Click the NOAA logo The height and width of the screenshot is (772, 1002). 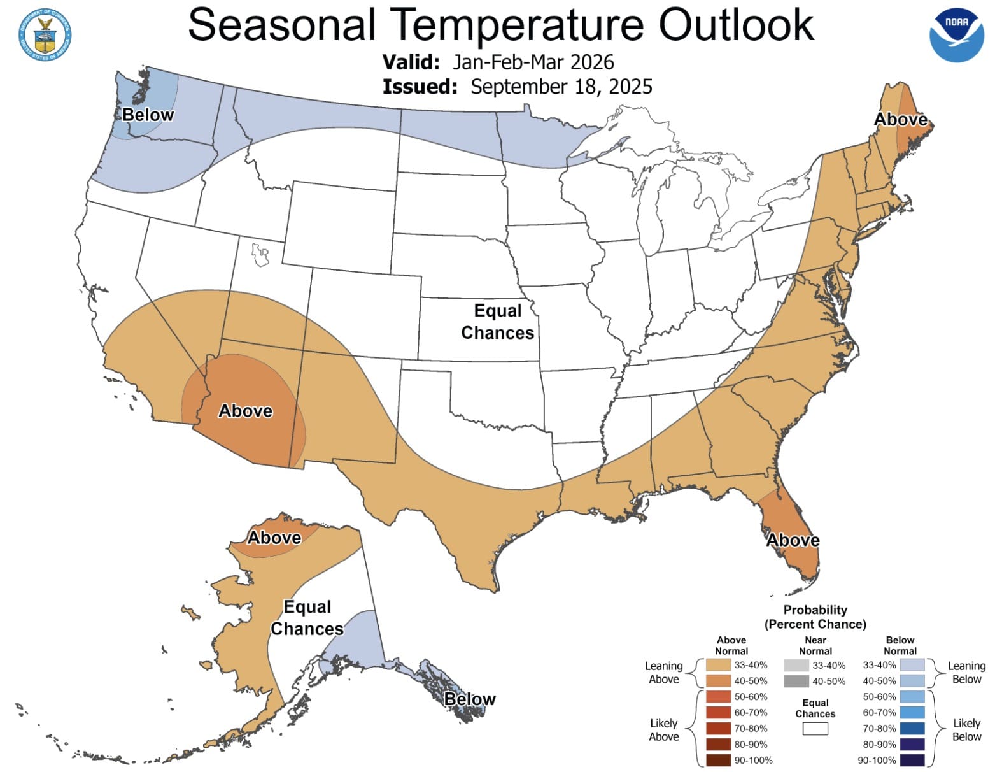click(x=956, y=35)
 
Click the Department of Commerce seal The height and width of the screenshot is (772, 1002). click(x=45, y=35)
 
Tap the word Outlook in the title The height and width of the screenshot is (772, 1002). click(x=736, y=25)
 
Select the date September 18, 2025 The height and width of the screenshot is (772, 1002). click(x=561, y=87)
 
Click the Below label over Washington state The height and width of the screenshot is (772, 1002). click(x=148, y=115)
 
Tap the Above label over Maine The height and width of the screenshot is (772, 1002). click(x=900, y=119)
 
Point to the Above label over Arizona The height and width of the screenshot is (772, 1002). click(x=245, y=411)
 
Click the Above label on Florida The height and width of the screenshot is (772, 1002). click(x=793, y=540)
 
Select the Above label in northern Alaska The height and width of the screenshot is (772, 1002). click(x=274, y=538)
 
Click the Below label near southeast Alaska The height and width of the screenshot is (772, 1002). click(x=470, y=699)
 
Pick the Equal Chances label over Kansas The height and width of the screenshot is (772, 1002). click(x=497, y=322)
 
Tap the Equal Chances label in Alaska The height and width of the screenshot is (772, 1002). click(x=307, y=618)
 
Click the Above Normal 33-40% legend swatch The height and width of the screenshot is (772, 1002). click(x=718, y=665)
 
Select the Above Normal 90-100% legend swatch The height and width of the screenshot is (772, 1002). click(x=718, y=760)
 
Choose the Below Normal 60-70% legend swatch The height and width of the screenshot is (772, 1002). click(x=912, y=713)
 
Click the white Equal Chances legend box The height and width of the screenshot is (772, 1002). click(x=815, y=729)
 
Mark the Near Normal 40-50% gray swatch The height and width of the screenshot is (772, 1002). click(x=796, y=681)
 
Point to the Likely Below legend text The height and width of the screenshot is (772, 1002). click(x=966, y=730)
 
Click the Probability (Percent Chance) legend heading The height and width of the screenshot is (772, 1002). click(x=815, y=617)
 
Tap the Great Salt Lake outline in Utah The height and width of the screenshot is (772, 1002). click(x=260, y=255)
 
